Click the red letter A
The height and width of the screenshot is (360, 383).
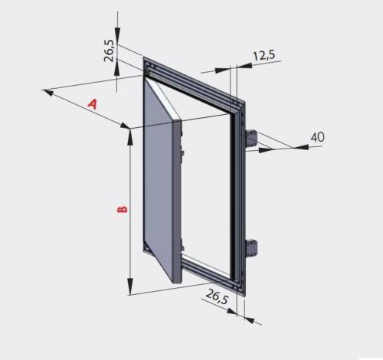(93, 104)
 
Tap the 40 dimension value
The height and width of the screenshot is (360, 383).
(318, 136)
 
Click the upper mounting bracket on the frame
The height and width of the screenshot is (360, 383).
(252, 139)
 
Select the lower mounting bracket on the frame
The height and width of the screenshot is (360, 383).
(254, 248)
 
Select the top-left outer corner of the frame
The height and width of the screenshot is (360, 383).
(142, 55)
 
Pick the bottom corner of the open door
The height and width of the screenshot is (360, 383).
(175, 283)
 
